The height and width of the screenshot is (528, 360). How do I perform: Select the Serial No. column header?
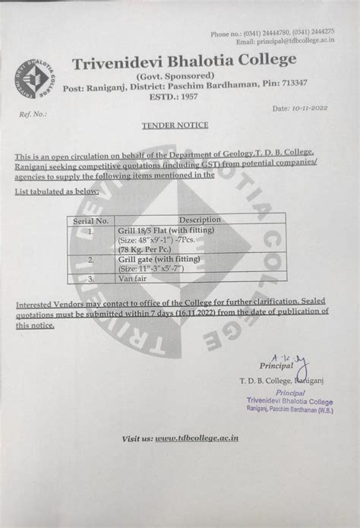pyautogui.click(x=90, y=220)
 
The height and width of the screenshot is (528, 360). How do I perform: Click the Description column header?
pyautogui.click(x=200, y=220)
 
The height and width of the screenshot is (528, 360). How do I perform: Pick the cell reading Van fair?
pyautogui.click(x=133, y=278)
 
